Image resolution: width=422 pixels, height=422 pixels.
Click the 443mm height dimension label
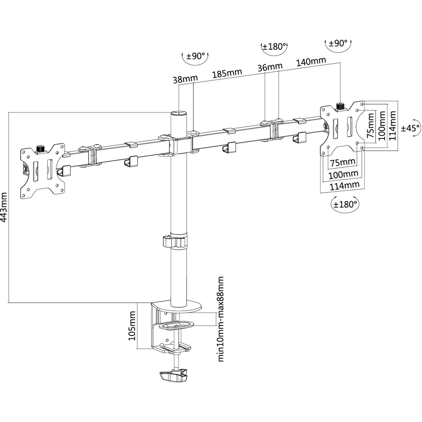[5, 208]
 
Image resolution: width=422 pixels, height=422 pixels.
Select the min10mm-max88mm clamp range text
[220, 319]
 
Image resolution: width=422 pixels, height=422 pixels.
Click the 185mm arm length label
[227, 73]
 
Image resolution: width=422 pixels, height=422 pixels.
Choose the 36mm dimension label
[270, 67]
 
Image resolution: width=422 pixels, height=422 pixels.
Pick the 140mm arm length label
[311, 62]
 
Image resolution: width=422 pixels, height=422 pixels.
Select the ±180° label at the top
[274, 47]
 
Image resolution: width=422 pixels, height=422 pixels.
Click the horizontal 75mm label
[342, 162]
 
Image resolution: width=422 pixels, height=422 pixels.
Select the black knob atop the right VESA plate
[341, 106]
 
